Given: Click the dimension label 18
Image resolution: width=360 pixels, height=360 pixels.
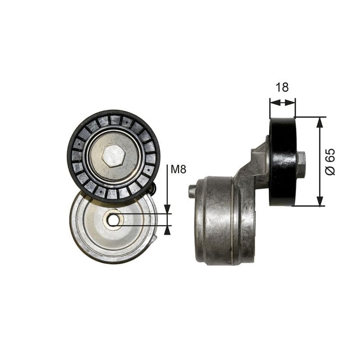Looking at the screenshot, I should coord(282,87).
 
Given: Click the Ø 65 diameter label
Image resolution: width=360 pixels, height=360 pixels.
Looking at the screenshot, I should coord(331,162).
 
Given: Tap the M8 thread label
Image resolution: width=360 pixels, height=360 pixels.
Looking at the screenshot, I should coord(178,170).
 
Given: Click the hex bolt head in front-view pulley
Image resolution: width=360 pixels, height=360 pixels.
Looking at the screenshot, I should coord(113,156).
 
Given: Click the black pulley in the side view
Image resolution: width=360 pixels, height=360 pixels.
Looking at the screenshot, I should coord(283,162).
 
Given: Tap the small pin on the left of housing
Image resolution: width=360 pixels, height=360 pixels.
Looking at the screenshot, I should coord(192,191).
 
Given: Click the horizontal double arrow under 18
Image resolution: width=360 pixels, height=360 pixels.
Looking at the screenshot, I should coord(283,103).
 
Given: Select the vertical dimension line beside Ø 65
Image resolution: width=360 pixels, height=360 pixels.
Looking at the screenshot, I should coord(320,162).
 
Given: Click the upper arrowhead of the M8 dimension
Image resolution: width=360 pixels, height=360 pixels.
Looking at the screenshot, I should coord(167,209).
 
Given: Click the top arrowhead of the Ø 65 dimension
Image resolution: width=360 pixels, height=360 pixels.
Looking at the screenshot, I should coord(320,121).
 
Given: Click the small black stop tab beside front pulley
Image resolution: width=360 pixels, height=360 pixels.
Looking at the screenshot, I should coord(153,189).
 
